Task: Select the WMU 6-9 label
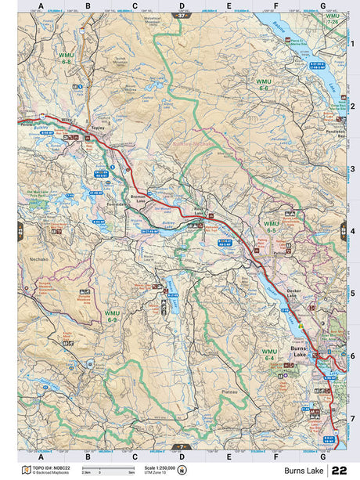coord(112,315)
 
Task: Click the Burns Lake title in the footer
coord(303,470)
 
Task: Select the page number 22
coord(339,470)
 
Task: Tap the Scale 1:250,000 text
coord(160,467)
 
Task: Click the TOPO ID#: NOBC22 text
coord(50,467)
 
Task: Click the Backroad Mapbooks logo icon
coord(25,470)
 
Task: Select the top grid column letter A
coord(40,5)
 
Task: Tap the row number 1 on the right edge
coord(352,43)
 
